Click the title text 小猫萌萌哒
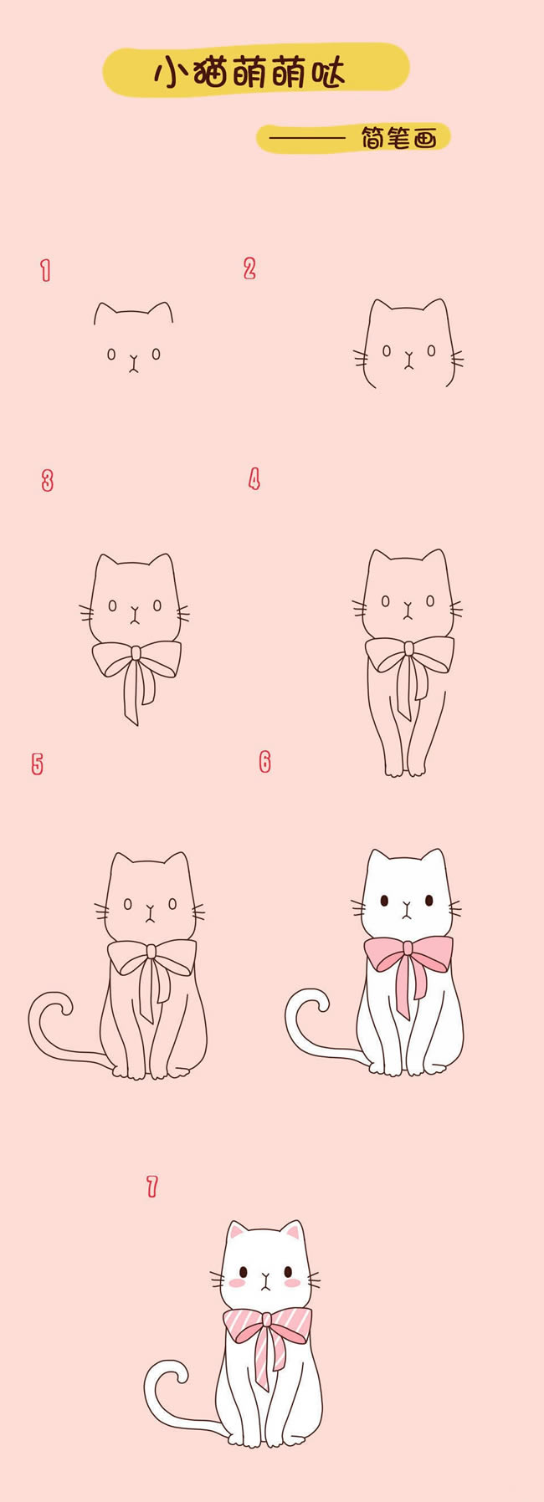(249, 74)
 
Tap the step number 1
(46, 270)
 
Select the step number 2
(249, 268)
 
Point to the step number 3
(48, 481)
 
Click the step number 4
(254, 479)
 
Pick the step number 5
(38, 764)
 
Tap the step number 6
(265, 761)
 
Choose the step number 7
(152, 1186)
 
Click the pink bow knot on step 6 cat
(407, 948)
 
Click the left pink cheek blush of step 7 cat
(237, 1281)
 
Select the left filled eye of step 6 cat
(383, 901)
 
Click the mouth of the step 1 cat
(133, 364)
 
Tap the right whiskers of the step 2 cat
(457, 360)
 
